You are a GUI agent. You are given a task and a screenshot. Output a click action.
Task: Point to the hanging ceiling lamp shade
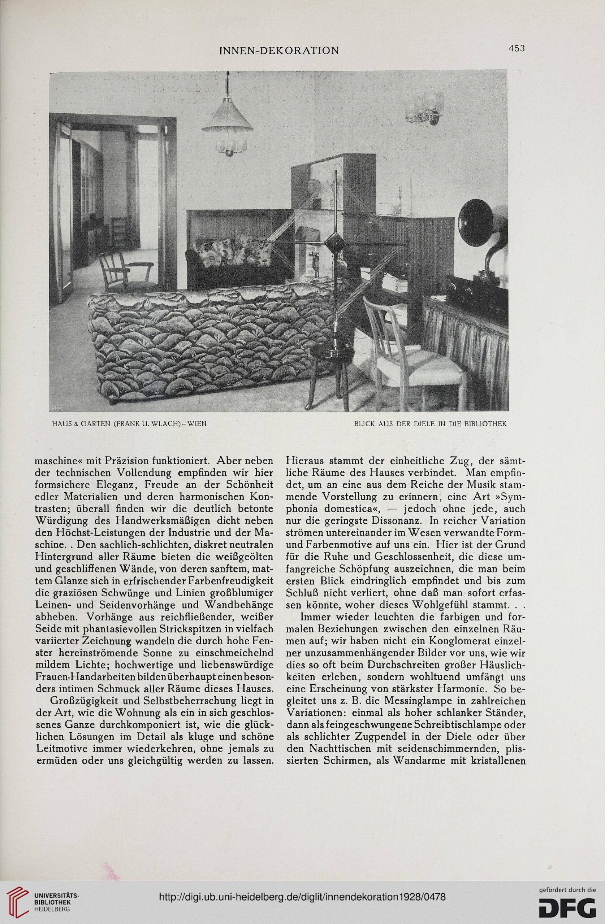click(227, 117)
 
